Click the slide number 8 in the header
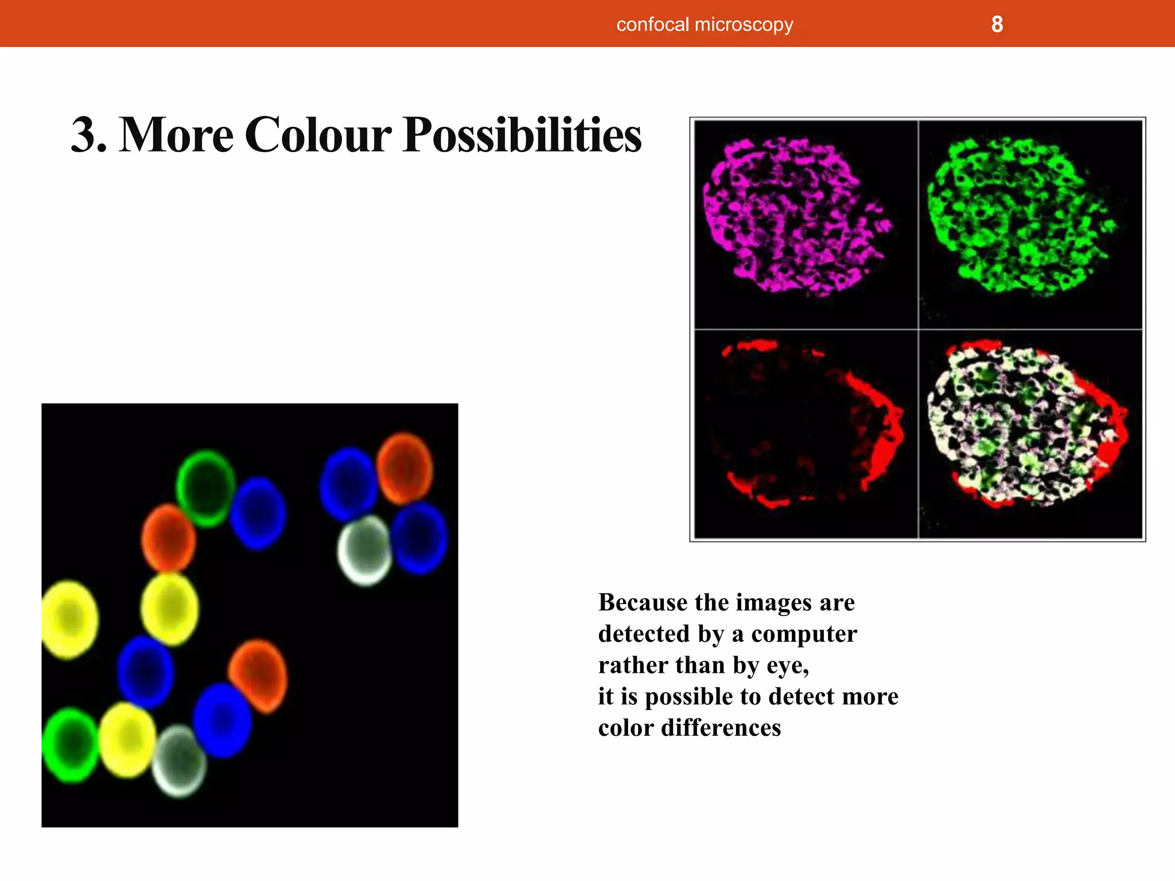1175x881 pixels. coord(997,25)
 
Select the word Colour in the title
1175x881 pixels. coord(318,135)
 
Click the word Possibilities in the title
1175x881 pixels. coord(522,135)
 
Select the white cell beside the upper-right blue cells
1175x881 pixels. coord(365,550)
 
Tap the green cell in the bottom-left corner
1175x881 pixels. coord(70,744)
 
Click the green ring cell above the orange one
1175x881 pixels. coord(205,488)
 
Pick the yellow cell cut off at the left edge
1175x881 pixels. coord(69,619)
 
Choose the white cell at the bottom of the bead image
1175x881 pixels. coord(180,761)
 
